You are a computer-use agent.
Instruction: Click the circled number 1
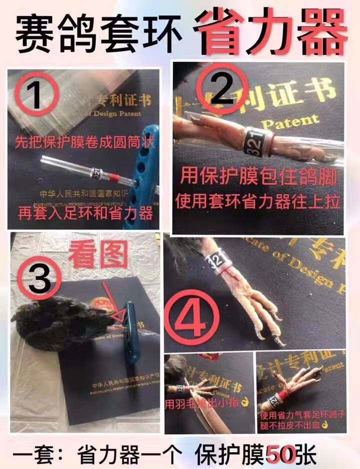click(36, 94)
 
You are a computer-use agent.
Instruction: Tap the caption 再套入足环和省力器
click(83, 213)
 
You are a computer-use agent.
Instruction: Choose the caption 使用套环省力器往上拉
click(257, 201)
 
